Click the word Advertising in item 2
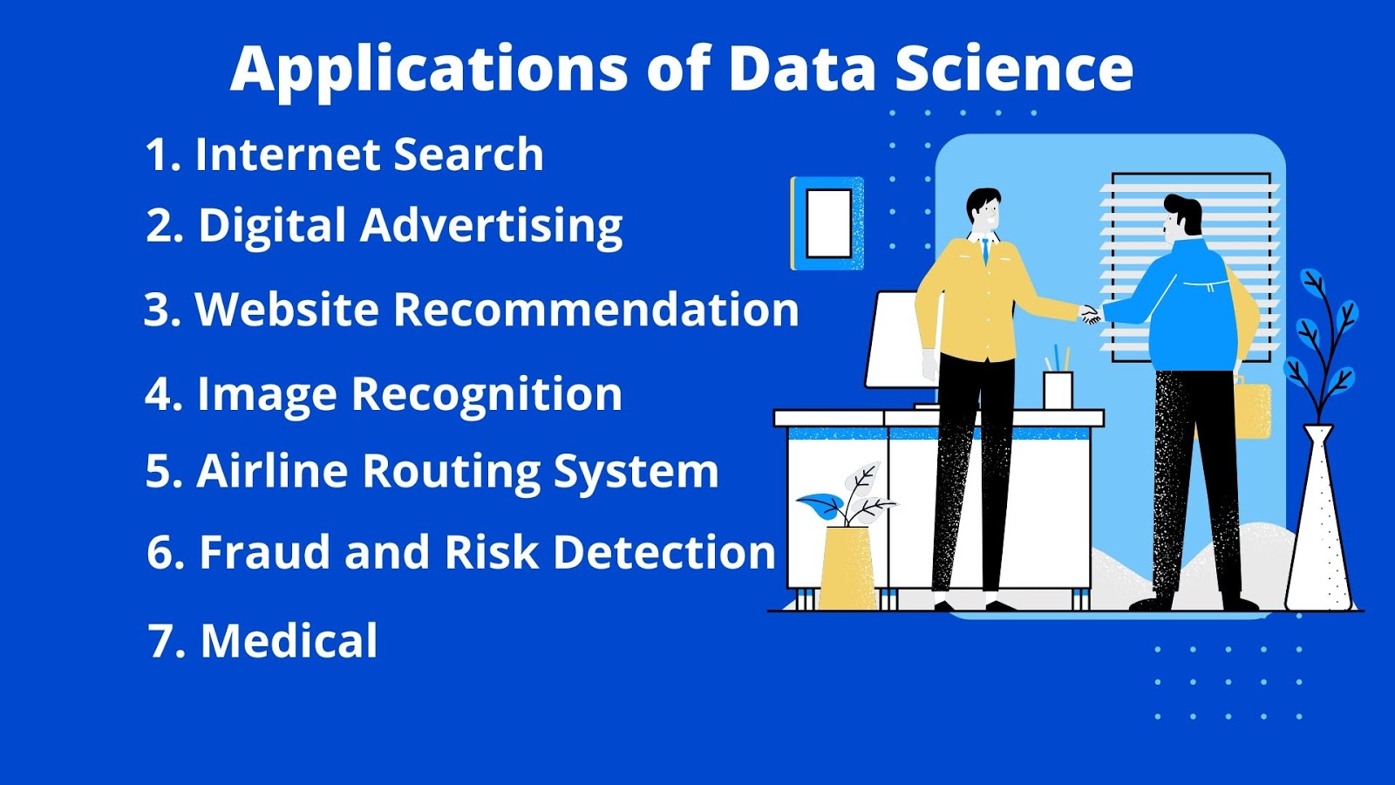point(491,226)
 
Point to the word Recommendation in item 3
point(596,310)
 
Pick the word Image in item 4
point(266,394)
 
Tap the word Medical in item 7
point(289,641)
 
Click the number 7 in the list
point(163,642)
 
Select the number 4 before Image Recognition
point(161,394)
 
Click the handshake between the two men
point(1091,314)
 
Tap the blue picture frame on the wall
point(827,223)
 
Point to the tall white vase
point(1318,523)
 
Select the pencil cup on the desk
point(1058,388)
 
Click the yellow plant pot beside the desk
point(847,567)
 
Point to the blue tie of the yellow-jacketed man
point(986,252)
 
